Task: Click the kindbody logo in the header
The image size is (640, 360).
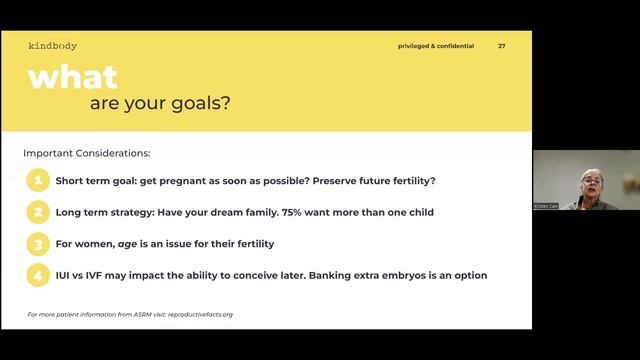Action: [52, 46]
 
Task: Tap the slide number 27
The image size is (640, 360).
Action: [502, 46]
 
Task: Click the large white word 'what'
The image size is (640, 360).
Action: [72, 77]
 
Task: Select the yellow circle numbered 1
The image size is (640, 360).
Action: [37, 181]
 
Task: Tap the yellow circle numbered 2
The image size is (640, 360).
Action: [37, 212]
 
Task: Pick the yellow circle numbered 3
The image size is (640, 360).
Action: [37, 243]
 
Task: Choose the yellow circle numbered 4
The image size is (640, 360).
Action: [37, 274]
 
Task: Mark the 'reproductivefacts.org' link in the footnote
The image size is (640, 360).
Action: [198, 314]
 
